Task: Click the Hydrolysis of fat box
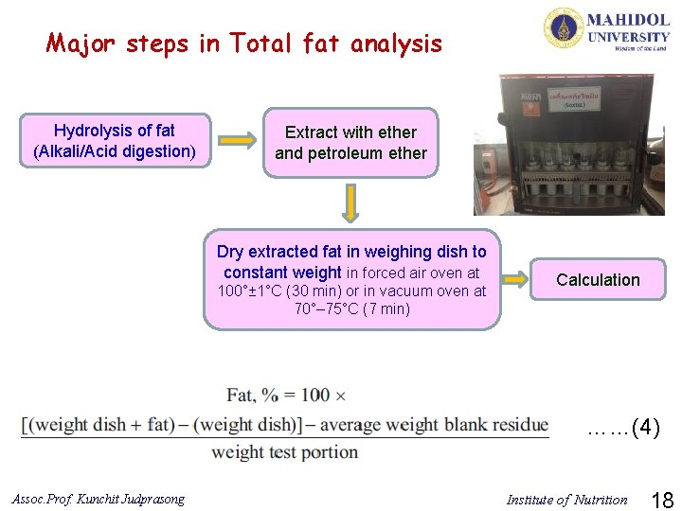coord(114,141)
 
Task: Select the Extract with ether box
coord(350,143)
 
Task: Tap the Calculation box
coord(598,279)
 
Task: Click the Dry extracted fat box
coord(351,279)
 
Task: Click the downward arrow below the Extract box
coord(350,203)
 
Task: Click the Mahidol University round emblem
coord(563,27)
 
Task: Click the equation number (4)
coord(645,428)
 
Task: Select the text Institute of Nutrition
coord(566,500)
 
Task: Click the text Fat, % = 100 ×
coord(286,395)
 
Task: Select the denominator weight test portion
coord(284,451)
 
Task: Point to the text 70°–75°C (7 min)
coord(351,309)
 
